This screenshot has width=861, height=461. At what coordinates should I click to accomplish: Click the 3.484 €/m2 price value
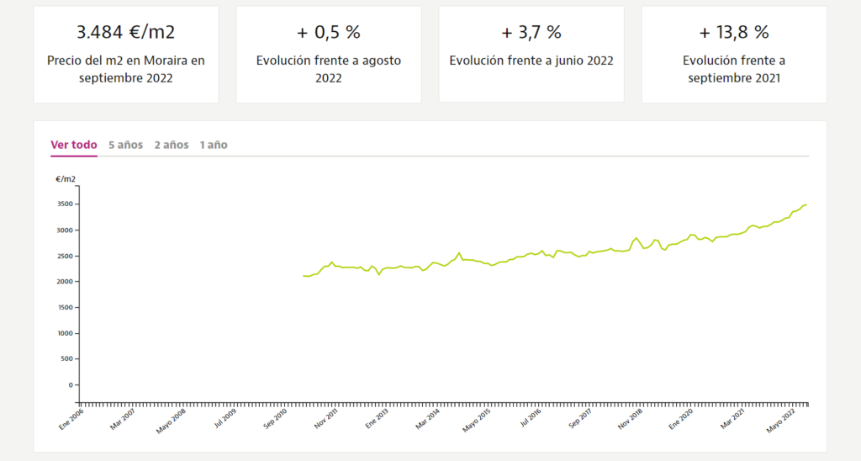pyautogui.click(x=125, y=33)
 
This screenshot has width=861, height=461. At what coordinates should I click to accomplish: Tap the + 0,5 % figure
pyautogui.click(x=328, y=33)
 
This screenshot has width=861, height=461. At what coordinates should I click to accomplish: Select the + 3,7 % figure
pyautogui.click(x=531, y=33)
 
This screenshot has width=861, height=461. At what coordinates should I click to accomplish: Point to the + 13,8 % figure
pyautogui.click(x=733, y=33)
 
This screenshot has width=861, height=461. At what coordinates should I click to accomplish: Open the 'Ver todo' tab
pyautogui.click(x=74, y=145)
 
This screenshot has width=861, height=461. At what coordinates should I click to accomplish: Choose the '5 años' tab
pyautogui.click(x=125, y=145)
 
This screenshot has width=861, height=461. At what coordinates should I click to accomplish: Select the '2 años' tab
pyautogui.click(x=171, y=145)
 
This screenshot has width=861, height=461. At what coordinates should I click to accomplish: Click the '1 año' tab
pyautogui.click(x=213, y=145)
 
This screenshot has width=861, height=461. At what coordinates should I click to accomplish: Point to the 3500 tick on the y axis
pyautogui.click(x=65, y=204)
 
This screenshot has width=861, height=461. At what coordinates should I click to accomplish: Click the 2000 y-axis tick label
pyautogui.click(x=65, y=282)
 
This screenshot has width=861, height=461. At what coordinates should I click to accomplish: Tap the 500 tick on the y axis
pyautogui.click(x=67, y=359)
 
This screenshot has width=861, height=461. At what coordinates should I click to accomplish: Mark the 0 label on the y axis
pyautogui.click(x=71, y=385)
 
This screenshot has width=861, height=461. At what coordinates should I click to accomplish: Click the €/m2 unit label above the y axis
pyautogui.click(x=66, y=179)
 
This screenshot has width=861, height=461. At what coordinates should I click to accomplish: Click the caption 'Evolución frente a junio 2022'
pyautogui.click(x=531, y=61)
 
